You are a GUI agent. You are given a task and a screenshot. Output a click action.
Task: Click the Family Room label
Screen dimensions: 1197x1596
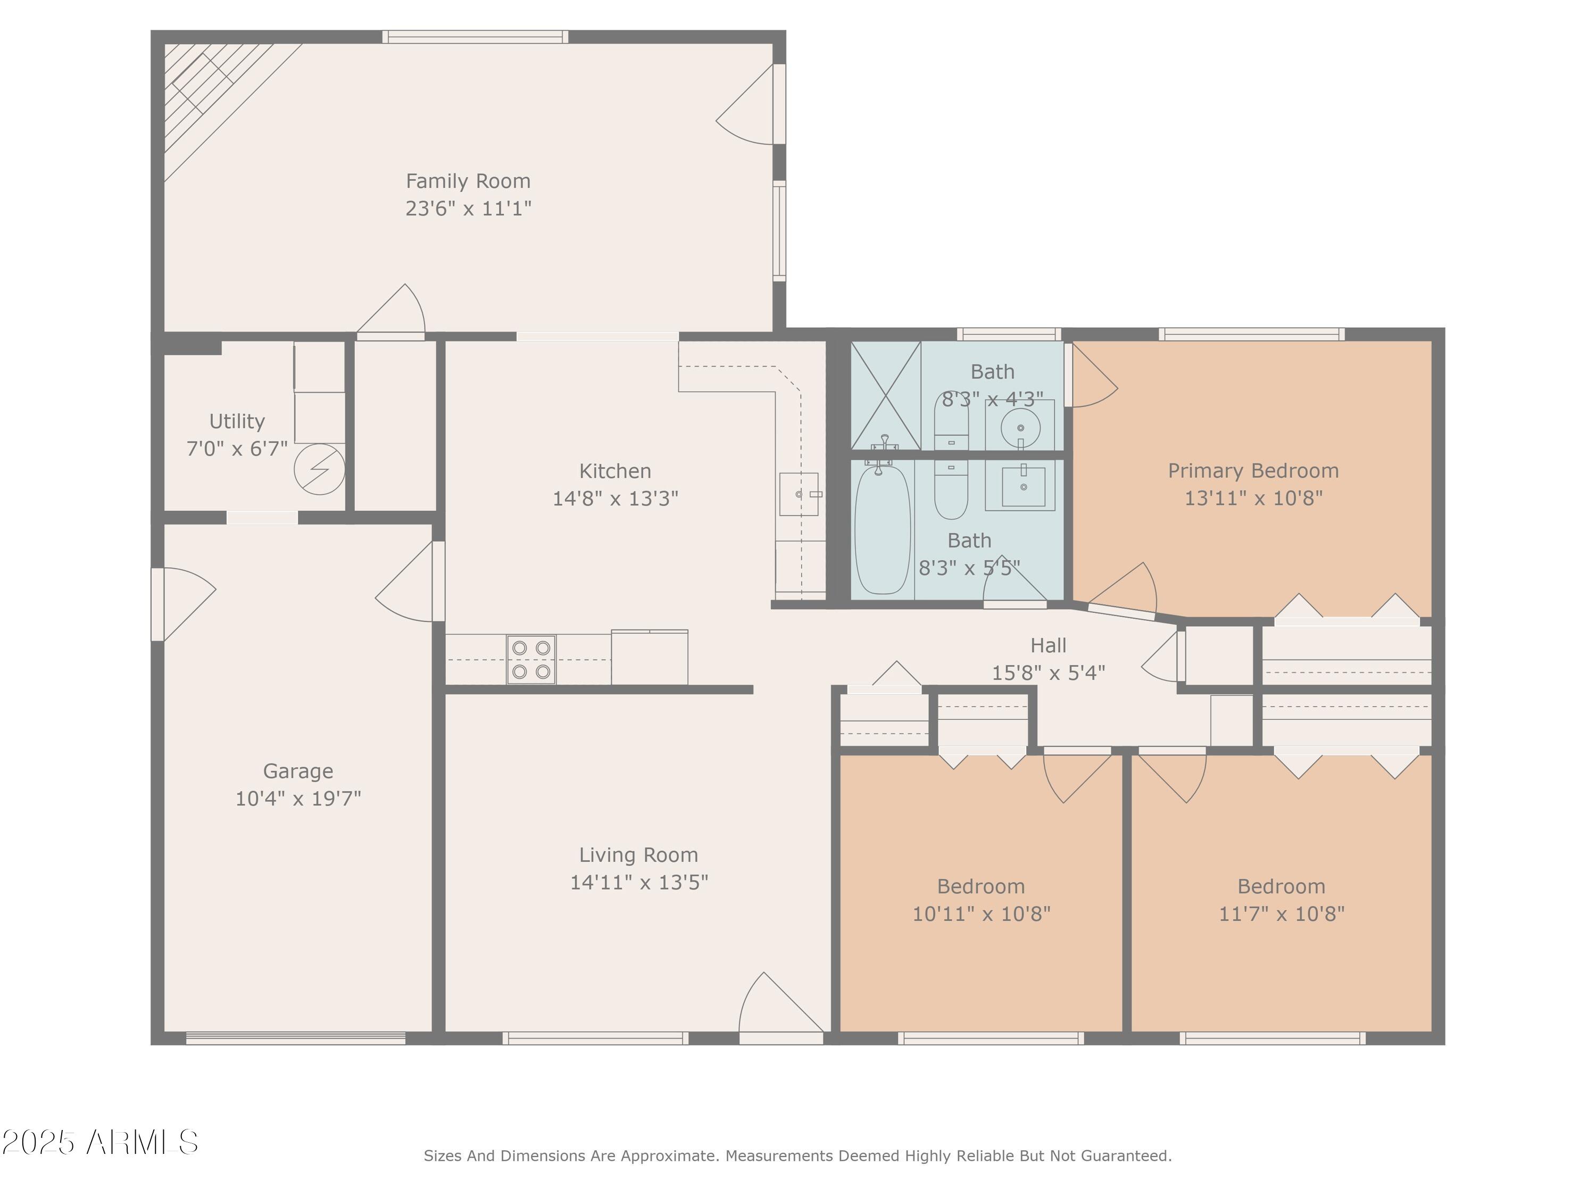pos(468,181)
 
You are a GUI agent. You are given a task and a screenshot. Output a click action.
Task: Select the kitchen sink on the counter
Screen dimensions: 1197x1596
pos(799,494)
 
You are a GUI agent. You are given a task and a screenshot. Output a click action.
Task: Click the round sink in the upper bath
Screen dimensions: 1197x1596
pos(1020,428)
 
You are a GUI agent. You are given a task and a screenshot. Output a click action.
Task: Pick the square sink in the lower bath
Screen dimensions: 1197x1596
pos(1023,487)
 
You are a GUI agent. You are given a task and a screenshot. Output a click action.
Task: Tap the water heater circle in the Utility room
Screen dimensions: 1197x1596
pos(319,470)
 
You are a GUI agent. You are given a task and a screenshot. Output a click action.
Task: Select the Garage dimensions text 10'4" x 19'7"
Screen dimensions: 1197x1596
pos(298,798)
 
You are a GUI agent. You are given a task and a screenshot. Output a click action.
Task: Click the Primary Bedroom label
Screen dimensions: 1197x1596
pos(1253,471)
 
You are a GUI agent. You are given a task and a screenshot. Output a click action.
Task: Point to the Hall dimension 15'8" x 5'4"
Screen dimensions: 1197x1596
pos(1048,673)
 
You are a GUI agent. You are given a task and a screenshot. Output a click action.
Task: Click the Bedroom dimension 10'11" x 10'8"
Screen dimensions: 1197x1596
pos(981,914)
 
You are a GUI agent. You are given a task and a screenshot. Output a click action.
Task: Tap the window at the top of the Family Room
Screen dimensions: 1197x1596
pos(475,37)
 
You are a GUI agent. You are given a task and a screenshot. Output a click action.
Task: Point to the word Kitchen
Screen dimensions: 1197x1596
pos(615,471)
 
